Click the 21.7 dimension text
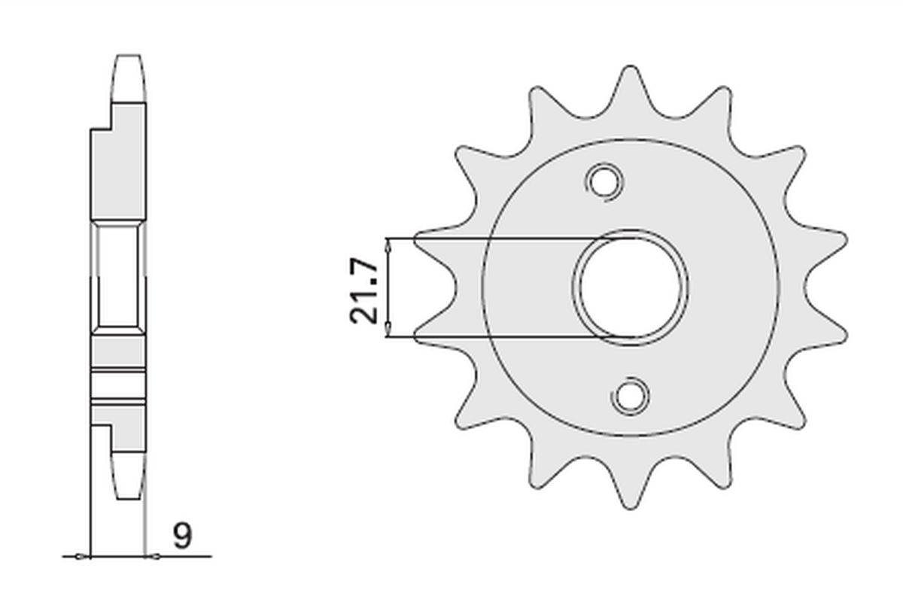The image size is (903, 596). (364, 290)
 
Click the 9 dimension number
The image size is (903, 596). (183, 536)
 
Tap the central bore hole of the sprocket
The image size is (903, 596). (631, 287)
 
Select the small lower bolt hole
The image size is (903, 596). (630, 397)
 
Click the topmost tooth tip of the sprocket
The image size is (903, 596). (630, 67)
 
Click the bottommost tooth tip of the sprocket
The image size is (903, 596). (630, 508)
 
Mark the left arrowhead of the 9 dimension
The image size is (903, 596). (83, 557)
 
